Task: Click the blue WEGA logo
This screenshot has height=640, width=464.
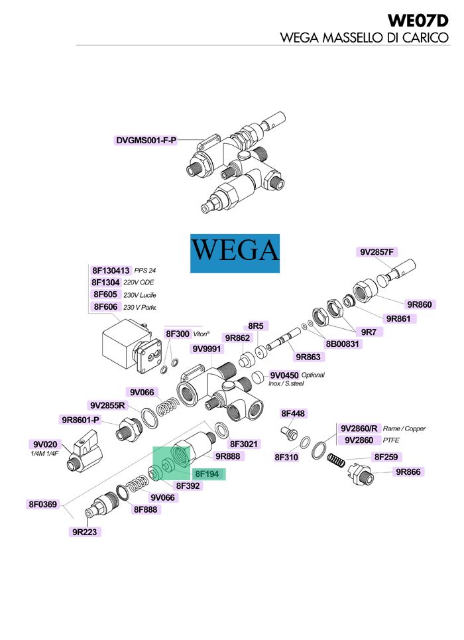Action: coord(235,253)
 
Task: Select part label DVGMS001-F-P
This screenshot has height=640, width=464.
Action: coord(146,140)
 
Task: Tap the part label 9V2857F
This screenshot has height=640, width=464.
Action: coord(377,252)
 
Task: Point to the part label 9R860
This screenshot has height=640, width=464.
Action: coord(420,304)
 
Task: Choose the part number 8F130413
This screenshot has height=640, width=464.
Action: coord(111,271)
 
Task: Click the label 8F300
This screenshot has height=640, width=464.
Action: coord(177,334)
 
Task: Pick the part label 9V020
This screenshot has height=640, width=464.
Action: coord(46,444)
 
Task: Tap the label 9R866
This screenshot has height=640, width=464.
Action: coord(409,472)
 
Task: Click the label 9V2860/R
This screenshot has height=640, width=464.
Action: coord(360,428)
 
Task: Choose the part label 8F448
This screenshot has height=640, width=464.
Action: coord(293,414)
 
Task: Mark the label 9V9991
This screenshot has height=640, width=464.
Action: coord(207,349)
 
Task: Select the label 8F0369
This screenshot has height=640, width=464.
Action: coord(44,505)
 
